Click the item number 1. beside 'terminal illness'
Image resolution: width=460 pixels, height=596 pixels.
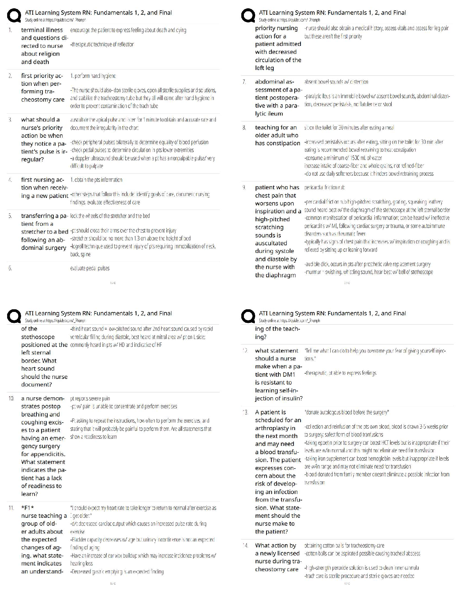pos(11,30)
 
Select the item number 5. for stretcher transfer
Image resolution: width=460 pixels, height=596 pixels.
pos(11,216)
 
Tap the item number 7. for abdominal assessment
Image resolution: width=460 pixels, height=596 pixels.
pos(245,82)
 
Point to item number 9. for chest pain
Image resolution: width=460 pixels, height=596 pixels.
pos(245,187)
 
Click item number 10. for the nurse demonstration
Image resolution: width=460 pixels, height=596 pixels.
pos(11,398)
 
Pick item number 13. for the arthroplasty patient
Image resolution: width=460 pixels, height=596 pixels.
pos(245,412)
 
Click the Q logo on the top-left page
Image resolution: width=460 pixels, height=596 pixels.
pos(14,16)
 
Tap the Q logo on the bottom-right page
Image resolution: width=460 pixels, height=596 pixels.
pos(248,317)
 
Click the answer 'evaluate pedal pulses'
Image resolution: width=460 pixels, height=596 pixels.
pos(90,268)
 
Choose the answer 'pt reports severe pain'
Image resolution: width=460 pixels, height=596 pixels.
pos(90,398)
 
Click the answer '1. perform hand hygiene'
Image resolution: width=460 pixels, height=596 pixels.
pos(93,76)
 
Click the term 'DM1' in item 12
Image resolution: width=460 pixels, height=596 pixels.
pos(289,374)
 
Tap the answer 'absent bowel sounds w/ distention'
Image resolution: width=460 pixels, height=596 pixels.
pos(336,82)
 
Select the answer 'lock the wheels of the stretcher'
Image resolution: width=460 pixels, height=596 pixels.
pos(110,216)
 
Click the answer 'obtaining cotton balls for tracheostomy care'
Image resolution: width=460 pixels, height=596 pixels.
pos(344,546)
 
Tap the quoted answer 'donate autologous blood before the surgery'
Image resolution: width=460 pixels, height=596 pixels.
pos(347,412)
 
